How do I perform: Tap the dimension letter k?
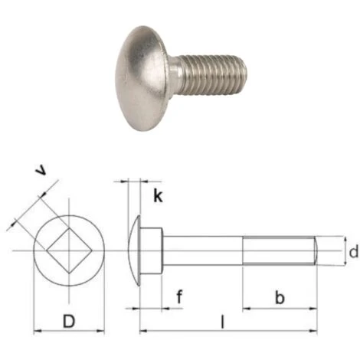click(158, 195)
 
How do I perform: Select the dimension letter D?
click(68, 321)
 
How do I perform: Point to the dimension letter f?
click(178, 296)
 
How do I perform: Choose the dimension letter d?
click(352, 252)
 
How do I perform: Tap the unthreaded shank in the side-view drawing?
click(203, 250)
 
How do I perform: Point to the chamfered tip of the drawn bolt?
click(314, 250)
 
